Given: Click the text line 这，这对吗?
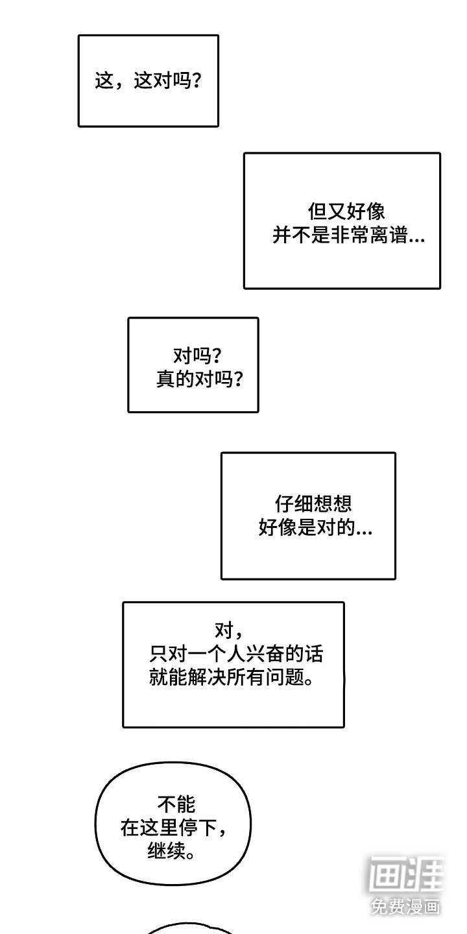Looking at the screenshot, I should [x=147, y=82].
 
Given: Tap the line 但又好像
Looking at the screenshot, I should [x=346, y=211].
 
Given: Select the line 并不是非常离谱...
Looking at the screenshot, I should [x=348, y=236].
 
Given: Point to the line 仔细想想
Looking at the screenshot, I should [x=313, y=504].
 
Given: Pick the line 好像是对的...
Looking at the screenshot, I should [x=315, y=529].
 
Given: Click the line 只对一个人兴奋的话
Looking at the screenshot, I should [x=235, y=654].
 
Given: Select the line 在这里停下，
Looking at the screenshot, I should [x=175, y=828].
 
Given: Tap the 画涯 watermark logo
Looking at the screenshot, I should [x=406, y=876].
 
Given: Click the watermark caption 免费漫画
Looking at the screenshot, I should [x=406, y=906].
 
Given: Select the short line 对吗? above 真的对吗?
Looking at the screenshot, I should [x=197, y=355].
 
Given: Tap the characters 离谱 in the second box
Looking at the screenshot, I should [x=395, y=236].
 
